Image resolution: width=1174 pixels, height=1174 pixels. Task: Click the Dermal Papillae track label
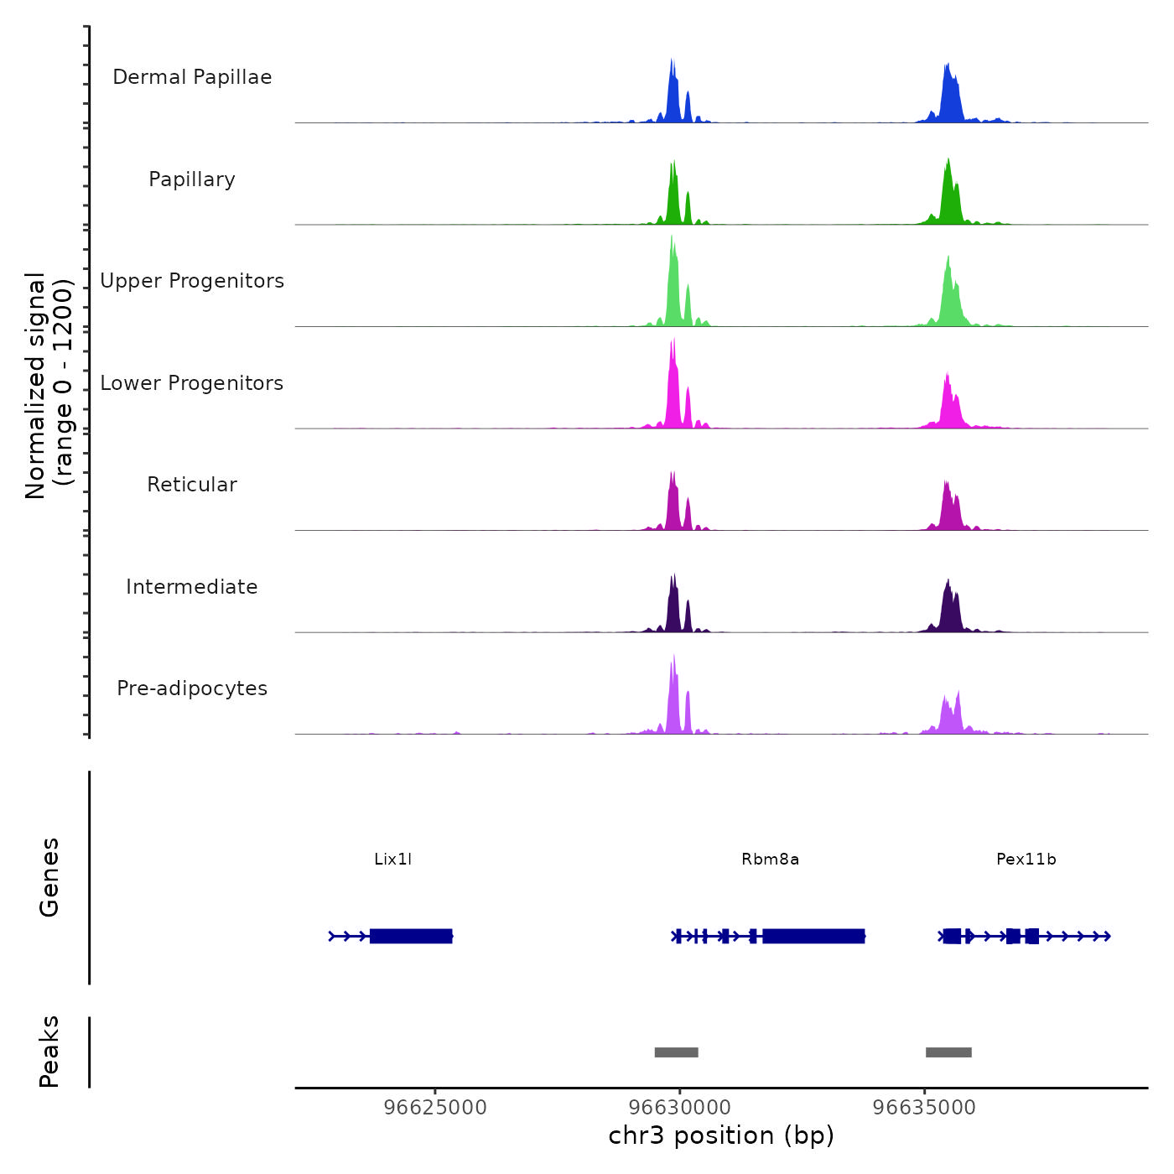(192, 77)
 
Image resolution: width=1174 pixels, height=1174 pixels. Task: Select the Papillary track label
(192, 179)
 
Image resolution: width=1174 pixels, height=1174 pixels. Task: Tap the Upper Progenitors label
(192, 281)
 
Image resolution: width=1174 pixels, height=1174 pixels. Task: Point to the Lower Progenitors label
(192, 383)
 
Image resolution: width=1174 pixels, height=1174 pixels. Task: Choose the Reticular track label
(192, 485)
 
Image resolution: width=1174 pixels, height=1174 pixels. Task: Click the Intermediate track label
(192, 587)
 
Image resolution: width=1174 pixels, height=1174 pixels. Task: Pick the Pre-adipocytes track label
(192, 688)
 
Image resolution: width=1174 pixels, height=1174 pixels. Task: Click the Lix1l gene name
(392, 860)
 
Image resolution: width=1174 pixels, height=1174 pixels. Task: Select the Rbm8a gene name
(770, 860)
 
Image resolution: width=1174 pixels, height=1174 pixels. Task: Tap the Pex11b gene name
(1026, 860)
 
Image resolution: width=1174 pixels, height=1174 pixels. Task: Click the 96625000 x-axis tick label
(435, 1108)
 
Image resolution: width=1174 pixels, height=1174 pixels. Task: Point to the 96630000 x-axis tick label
(679, 1108)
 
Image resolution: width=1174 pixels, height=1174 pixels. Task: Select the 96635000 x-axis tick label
(924, 1108)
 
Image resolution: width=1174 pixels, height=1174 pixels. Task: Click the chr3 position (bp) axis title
(721, 1135)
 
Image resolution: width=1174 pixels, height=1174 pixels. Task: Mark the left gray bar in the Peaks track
(676, 1052)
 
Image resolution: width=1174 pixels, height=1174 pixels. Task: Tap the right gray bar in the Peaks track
(948, 1052)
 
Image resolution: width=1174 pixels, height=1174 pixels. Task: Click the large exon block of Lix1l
(411, 936)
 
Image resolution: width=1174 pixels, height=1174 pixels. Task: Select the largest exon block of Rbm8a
(813, 936)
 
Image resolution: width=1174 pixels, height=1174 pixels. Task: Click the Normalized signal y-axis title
(49, 386)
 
